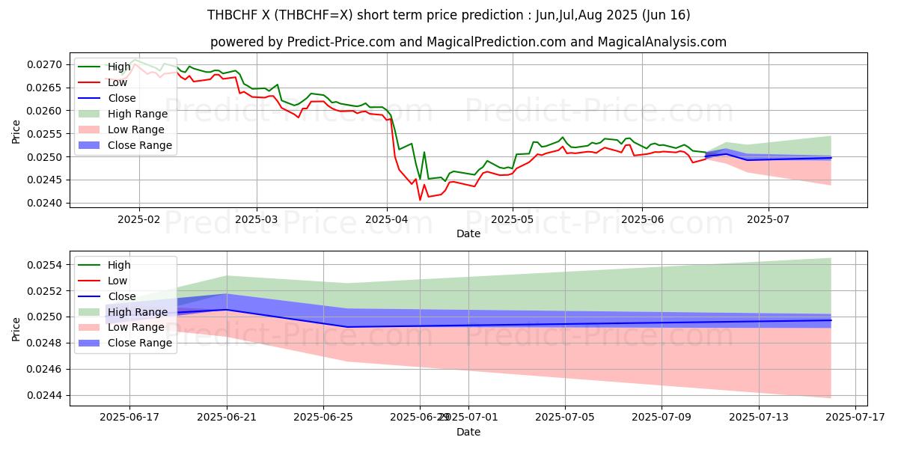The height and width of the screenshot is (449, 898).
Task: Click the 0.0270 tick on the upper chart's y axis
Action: click(x=46, y=65)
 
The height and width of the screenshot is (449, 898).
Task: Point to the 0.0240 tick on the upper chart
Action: click(x=46, y=204)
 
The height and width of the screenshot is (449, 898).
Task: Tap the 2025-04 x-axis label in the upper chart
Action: click(x=387, y=220)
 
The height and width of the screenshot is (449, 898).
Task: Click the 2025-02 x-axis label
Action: click(x=138, y=220)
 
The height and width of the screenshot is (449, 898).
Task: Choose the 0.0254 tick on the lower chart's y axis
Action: click(x=46, y=265)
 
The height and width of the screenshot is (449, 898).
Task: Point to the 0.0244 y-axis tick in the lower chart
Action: click(x=46, y=396)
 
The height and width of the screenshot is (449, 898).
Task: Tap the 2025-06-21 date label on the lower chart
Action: click(x=227, y=418)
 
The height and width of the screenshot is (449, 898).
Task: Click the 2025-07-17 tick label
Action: click(x=855, y=418)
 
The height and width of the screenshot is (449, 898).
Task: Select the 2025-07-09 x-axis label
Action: click(x=662, y=418)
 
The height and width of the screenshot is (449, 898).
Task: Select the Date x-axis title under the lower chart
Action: click(x=468, y=432)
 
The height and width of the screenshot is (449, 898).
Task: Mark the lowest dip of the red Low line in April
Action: click(x=420, y=200)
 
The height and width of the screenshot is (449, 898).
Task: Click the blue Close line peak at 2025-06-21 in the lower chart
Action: click(x=227, y=310)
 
